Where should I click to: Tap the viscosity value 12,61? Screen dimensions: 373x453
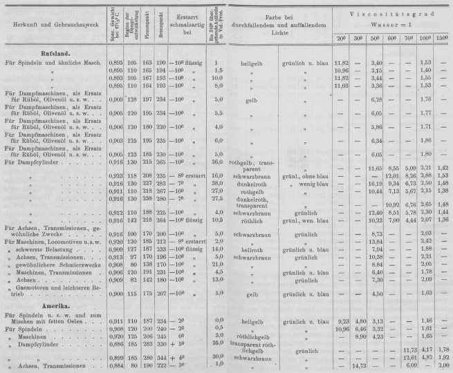pos(410,358)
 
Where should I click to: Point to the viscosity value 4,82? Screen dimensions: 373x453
pos(427,358)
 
